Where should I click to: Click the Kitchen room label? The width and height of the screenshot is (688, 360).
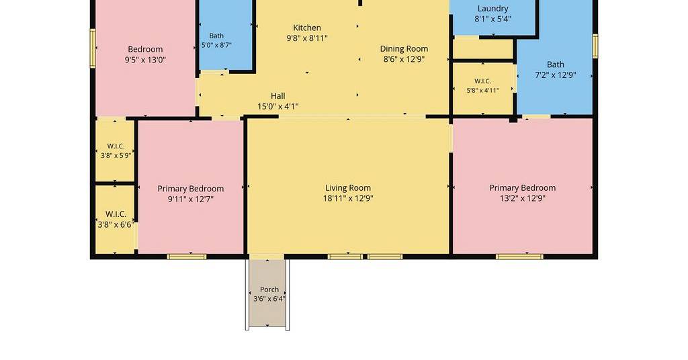coord(307,28)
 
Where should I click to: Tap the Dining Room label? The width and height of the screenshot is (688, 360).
coord(404,48)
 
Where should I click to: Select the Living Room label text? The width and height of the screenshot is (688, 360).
coord(348,188)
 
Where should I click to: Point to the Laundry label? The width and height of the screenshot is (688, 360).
coord(492,9)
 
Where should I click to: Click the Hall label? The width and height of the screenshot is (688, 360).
coord(277,95)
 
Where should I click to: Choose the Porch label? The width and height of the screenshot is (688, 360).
coord(269,289)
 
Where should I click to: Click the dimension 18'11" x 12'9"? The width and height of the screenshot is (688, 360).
coord(348,199)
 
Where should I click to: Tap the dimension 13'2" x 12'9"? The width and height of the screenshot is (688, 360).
coord(523,198)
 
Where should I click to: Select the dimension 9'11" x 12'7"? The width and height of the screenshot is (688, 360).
coord(190,199)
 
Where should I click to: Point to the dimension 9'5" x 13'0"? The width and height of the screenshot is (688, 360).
coord(145,60)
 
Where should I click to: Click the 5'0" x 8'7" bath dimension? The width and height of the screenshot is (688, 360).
coord(216,45)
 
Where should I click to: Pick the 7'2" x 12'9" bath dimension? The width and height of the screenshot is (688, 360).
coord(556,75)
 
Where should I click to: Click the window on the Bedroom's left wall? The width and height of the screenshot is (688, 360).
coord(93,48)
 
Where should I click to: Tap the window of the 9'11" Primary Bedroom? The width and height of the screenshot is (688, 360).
coord(187,257)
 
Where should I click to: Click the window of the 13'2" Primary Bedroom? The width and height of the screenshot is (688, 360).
coord(519,257)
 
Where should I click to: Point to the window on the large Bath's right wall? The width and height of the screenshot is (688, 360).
coord(595,46)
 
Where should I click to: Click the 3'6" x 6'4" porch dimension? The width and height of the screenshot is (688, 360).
coord(269,299)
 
